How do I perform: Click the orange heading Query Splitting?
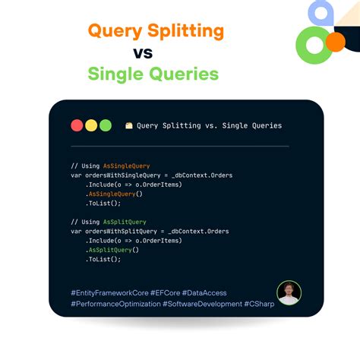pos(156,31)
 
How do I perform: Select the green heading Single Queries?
pos(153,74)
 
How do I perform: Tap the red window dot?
pos(77,125)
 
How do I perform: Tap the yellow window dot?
pos(91,125)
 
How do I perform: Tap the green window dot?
pos(105,125)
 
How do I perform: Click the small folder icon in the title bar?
pos(129,125)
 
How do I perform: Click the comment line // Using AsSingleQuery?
pos(110,166)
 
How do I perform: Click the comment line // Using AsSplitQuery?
pos(108,222)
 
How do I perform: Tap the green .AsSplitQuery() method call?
pos(112,250)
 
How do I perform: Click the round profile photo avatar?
pos(289,293)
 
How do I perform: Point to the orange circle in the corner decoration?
pos(335,41)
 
